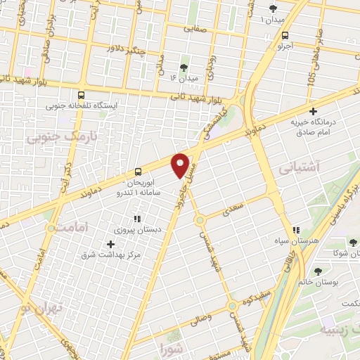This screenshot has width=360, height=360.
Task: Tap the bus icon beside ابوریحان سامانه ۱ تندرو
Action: [138, 171]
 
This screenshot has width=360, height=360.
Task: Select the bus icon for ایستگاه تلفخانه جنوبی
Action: [82, 95]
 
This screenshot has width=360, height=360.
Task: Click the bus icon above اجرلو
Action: [285, 35]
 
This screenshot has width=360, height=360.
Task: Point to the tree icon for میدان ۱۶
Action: [184, 67]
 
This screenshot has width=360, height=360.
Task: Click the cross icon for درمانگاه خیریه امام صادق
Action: [314, 110]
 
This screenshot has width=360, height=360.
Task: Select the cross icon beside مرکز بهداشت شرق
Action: [110, 244]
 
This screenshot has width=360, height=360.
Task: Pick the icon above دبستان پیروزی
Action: [137, 219]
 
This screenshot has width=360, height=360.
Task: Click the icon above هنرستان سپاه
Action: [297, 229]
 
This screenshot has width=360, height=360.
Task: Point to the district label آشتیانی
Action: [299, 168]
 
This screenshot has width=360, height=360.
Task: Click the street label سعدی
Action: [233, 209]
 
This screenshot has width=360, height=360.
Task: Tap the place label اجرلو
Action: [284, 46]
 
